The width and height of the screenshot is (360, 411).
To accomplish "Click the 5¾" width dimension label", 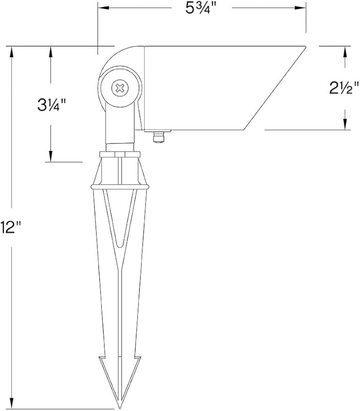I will click(201, 9).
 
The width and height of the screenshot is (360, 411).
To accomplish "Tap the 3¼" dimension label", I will click(51, 104).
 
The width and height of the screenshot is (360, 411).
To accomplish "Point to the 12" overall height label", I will click(12, 228).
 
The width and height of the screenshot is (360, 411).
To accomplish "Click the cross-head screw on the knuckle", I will click(121, 87).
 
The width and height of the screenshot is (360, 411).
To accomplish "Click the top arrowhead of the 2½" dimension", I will click(345, 51).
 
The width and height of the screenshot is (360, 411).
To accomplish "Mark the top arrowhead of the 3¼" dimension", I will click(51, 51).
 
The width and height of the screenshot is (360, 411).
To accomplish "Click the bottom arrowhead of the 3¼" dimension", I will click(51, 157).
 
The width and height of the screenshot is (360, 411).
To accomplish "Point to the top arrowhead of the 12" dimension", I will click(12, 51).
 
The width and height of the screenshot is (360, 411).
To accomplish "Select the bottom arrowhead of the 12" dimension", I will click(12, 405).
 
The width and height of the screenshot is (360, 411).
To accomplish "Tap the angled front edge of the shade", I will click(275, 87).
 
